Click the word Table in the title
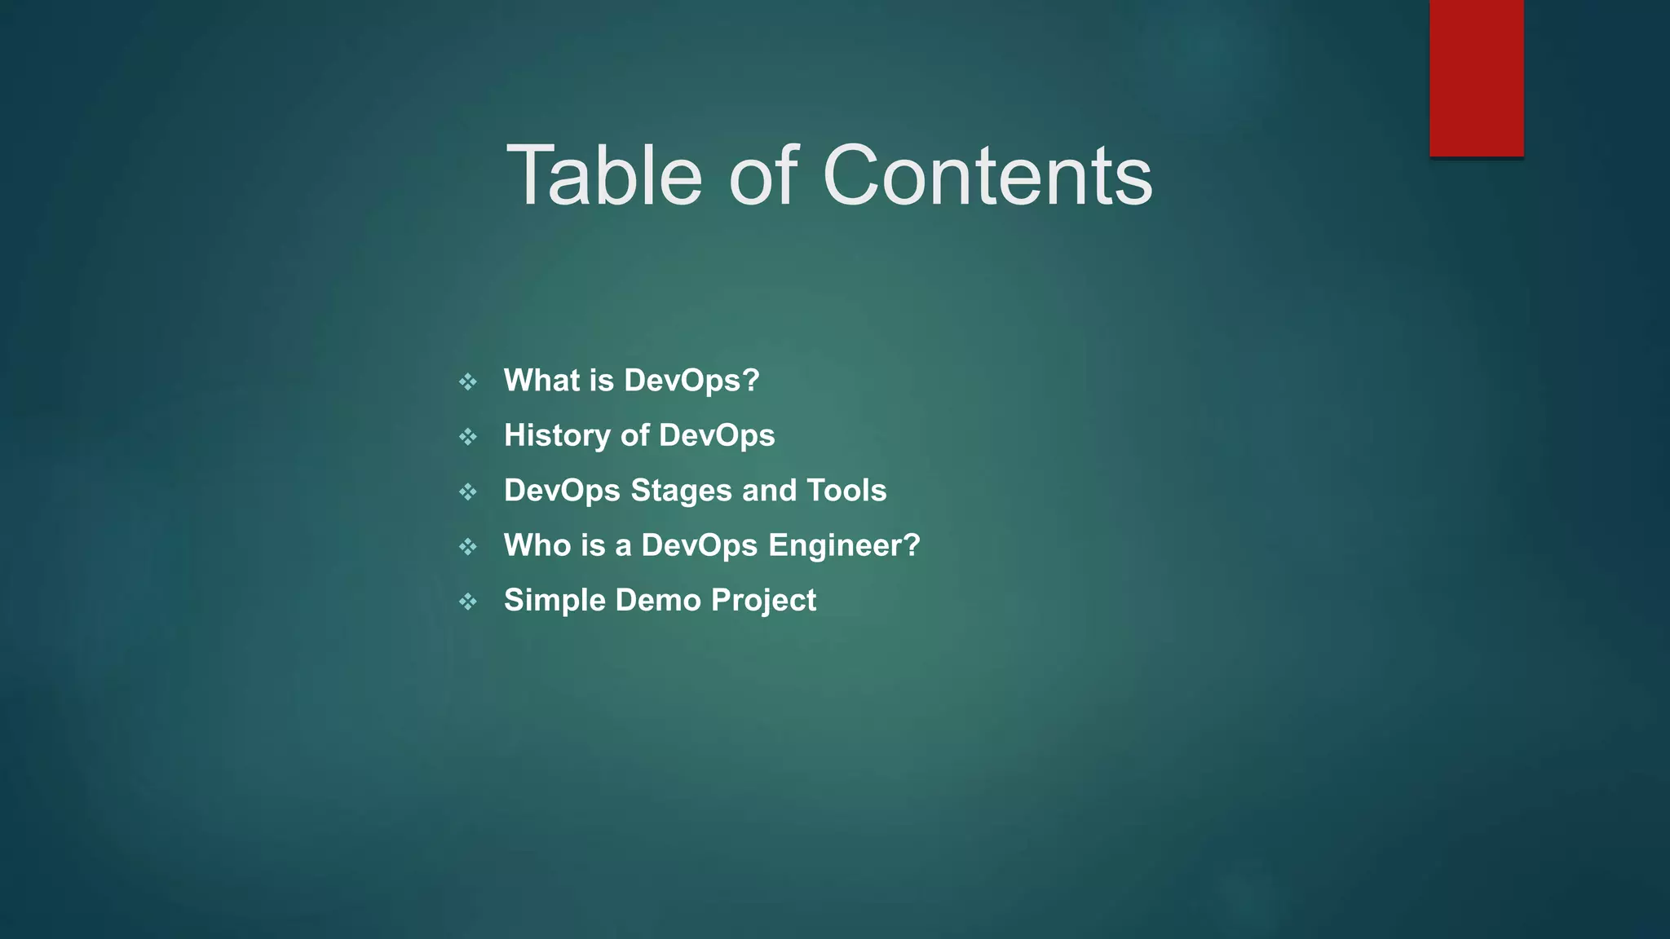pyautogui.click(x=604, y=175)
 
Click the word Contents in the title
pyautogui.click(x=987, y=175)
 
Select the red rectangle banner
pyautogui.click(x=1476, y=78)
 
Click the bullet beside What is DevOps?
pyautogui.click(x=467, y=381)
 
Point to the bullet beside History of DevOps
pyautogui.click(x=467, y=437)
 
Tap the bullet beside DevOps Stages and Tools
pyautogui.click(x=467, y=492)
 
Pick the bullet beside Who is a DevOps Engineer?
pyautogui.click(x=467, y=546)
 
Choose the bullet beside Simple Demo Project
pyautogui.click(x=467, y=602)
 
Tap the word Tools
pyautogui.click(x=846, y=490)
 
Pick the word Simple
pyautogui.click(x=554, y=601)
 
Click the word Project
pyautogui.click(x=763, y=601)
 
